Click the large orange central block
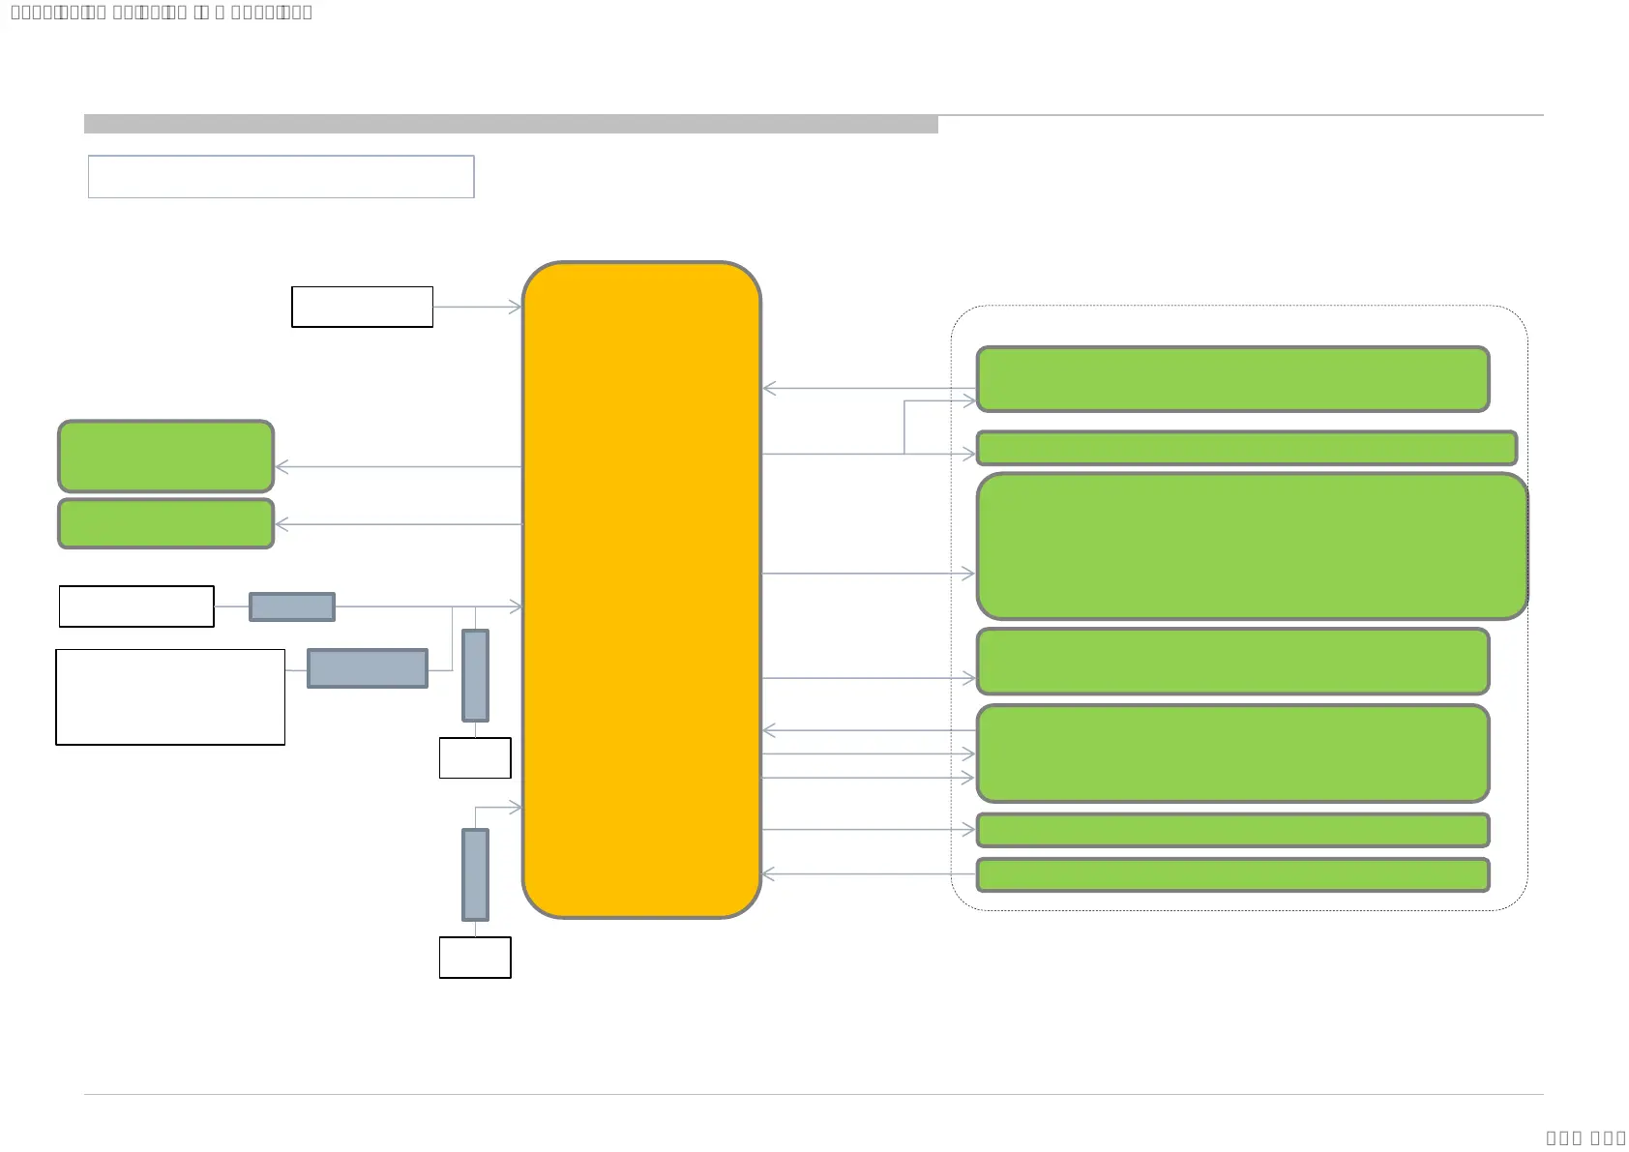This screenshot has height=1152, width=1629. tap(641, 589)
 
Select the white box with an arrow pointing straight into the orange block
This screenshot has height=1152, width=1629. tap(362, 307)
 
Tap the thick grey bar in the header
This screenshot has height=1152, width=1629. tap(511, 124)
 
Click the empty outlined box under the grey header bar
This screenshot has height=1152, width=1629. tap(281, 177)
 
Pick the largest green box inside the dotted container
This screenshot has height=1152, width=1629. tap(1252, 546)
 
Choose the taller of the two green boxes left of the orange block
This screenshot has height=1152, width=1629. tap(166, 457)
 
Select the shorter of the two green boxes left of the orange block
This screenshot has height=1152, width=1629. tap(166, 523)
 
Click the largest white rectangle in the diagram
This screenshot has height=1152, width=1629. tap(170, 697)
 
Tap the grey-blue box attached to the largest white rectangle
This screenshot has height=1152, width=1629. tap(368, 668)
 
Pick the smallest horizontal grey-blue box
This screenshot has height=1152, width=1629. tap(292, 606)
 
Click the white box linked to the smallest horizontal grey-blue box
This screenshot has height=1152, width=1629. tap(136, 606)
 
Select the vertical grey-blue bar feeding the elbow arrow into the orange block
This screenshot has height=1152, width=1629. tap(475, 874)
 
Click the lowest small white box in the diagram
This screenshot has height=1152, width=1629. tap(475, 958)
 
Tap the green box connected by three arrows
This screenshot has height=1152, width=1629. tap(1232, 753)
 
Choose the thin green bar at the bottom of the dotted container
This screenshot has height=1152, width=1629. tap(1232, 874)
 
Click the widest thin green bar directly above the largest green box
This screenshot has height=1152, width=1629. tap(1246, 448)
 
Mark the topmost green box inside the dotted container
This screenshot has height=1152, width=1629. tap(1232, 379)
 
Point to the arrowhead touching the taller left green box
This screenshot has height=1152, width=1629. tap(281, 467)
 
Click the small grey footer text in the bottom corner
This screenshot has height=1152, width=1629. tap(1585, 1137)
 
